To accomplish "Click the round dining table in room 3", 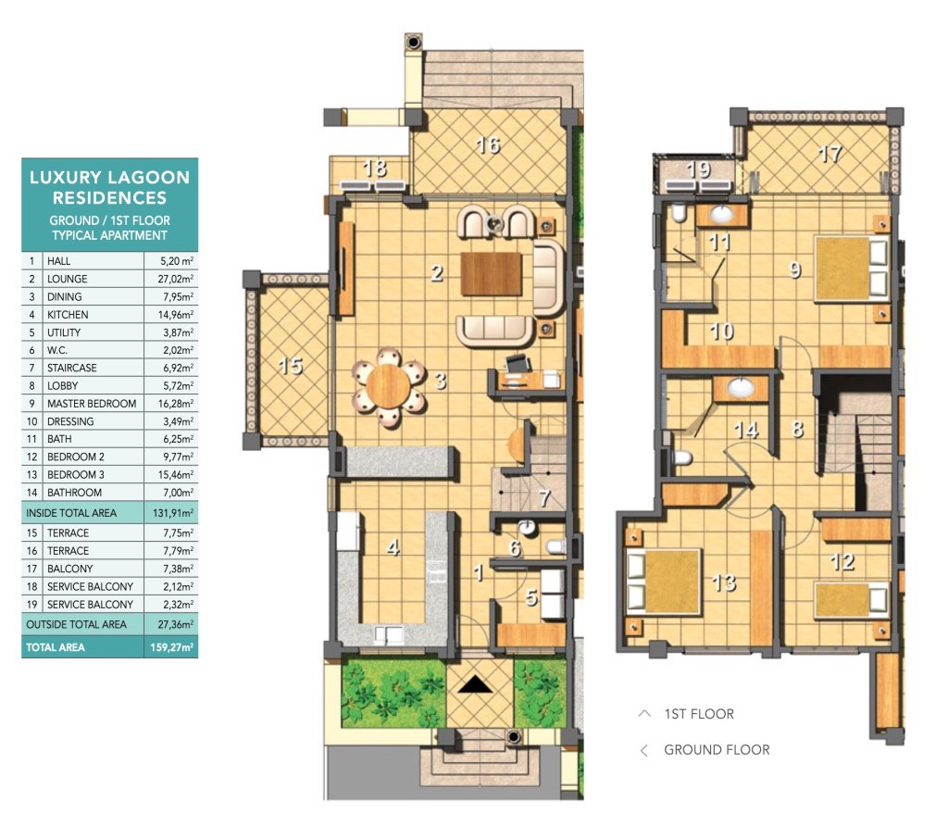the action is pos(388,386).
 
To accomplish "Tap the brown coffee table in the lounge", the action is pos(491,274).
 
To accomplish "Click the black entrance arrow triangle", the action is pos(476,684).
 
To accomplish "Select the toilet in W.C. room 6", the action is pos(555,546).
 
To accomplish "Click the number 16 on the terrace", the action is pos(488,145).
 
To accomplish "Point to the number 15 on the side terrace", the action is pos(290,366).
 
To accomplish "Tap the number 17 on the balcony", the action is pos(830,154).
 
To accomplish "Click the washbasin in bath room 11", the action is pos(721,214).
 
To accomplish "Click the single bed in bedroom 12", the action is pos(852,600).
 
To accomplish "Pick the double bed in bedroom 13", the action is pos(664,582).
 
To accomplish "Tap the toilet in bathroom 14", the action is pos(682,457).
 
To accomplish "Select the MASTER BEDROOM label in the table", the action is pos(92,404).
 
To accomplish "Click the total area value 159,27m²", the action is pos(171,647).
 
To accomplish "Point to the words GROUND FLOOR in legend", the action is pos(717,750).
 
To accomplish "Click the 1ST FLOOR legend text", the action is pos(699,714).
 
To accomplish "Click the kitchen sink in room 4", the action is pos(388,635).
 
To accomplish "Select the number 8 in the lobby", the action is pos(797,429).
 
